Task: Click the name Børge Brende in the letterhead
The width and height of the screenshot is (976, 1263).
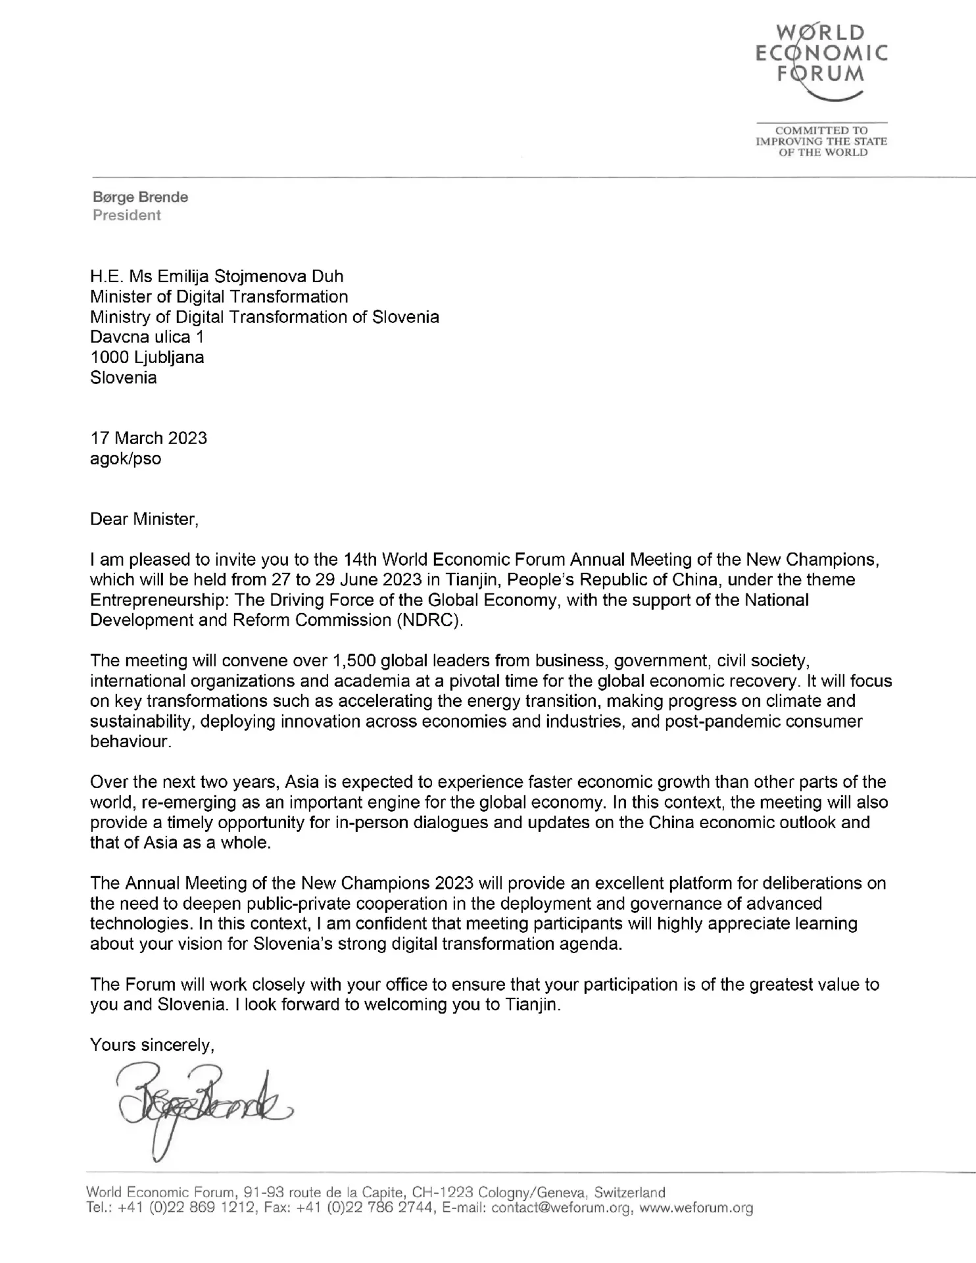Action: [x=140, y=197]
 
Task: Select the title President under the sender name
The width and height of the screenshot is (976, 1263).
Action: [x=126, y=215]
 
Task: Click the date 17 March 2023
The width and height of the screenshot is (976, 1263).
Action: [x=149, y=438]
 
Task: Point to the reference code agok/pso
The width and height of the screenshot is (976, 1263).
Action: [x=126, y=458]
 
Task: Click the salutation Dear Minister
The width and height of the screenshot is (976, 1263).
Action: [x=143, y=519]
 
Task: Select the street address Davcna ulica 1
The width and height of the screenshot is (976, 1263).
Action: [x=147, y=337]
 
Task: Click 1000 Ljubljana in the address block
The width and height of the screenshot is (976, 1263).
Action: [x=147, y=357]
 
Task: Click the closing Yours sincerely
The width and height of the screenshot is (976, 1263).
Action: [x=152, y=1045]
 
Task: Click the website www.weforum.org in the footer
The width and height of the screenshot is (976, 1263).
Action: [x=696, y=1208]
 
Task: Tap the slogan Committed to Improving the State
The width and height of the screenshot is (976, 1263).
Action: [x=821, y=141]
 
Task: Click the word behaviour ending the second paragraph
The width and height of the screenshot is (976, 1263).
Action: [x=130, y=741]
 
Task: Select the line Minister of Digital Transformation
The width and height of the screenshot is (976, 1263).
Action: [x=219, y=297]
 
